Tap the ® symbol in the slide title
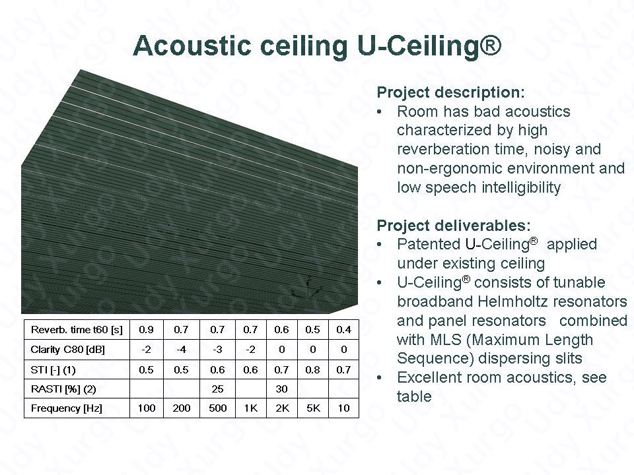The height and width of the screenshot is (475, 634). (490, 44)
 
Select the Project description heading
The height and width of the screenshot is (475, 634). (450, 92)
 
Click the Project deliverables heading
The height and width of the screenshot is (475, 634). (453, 226)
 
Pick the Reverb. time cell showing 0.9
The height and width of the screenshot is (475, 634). (146, 330)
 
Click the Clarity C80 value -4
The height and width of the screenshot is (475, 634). (181, 350)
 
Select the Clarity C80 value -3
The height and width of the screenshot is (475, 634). (217, 350)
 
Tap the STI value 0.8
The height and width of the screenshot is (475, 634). (312, 369)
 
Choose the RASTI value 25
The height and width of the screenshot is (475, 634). (217, 389)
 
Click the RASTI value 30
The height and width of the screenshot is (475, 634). (281, 389)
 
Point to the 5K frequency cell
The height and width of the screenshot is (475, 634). (313, 408)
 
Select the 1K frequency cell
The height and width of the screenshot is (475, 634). (251, 408)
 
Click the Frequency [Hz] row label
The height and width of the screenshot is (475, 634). (66, 408)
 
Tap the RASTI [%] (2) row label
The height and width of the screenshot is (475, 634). (63, 389)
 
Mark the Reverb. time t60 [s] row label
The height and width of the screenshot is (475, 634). (77, 330)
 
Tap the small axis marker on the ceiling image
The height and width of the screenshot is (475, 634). (307, 287)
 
